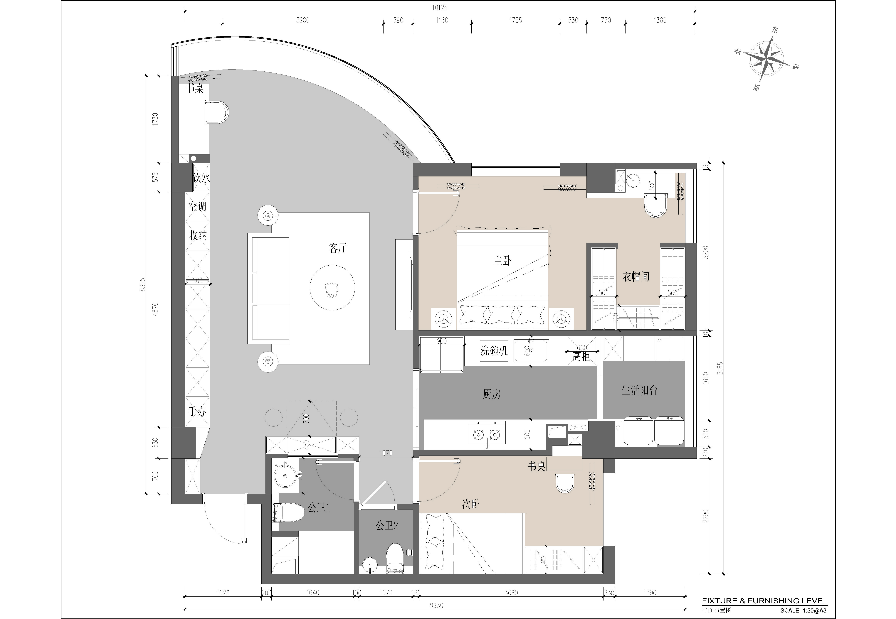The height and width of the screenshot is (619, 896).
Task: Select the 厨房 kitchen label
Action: [492, 394]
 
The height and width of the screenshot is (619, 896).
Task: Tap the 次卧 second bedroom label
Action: [471, 504]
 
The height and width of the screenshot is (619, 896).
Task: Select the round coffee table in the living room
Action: [332, 287]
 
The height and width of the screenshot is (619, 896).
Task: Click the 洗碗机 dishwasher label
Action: [494, 351]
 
